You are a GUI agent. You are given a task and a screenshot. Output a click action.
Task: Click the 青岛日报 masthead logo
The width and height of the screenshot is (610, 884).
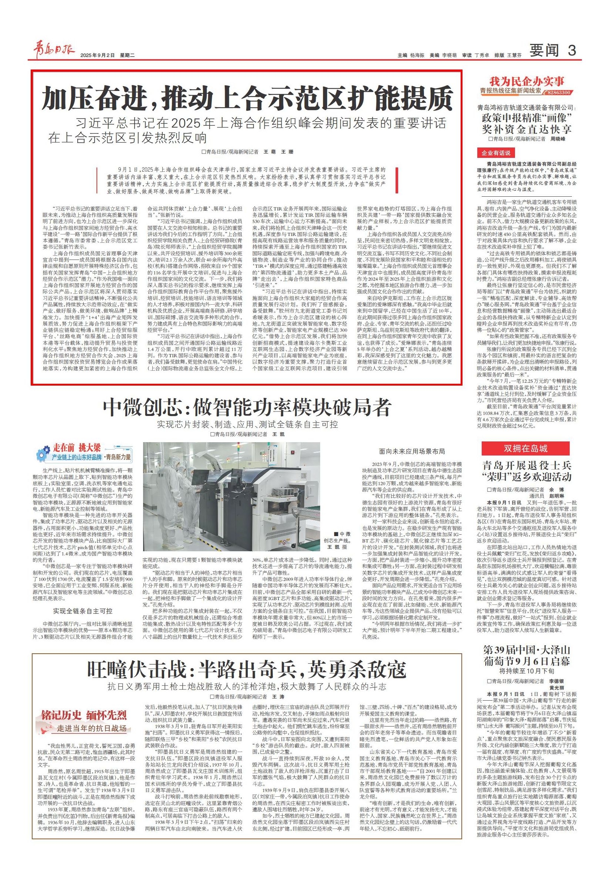pos(54,51)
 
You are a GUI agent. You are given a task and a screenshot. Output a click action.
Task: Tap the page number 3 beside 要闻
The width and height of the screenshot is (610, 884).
pos(572,50)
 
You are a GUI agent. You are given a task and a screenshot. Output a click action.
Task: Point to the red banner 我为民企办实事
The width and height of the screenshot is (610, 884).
pos(527,81)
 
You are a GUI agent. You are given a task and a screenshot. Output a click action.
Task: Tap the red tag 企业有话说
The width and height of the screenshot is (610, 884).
pos(496,153)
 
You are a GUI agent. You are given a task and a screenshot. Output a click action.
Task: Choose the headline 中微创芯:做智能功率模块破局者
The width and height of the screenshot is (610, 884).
pos(247,407)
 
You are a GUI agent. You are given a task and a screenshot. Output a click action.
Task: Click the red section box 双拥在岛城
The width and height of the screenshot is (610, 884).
pos(526,449)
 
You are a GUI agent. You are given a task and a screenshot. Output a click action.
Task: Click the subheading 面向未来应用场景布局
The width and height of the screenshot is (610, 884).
pos(411,451)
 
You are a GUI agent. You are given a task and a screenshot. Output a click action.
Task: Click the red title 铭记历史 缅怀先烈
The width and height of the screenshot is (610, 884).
pos(84,715)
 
